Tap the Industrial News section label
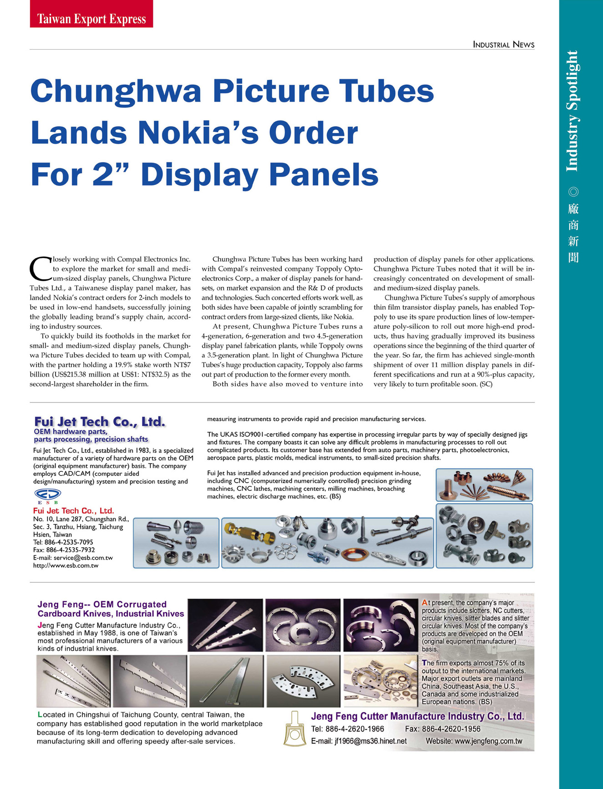pyautogui.click(x=503, y=45)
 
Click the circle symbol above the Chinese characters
pyautogui.click(x=573, y=192)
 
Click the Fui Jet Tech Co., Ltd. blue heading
pyautogui.click(x=100, y=422)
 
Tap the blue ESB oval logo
pyautogui.click(x=47, y=494)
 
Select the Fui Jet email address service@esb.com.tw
pyautogui.click(x=83, y=557)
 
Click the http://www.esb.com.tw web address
pyautogui.click(x=66, y=566)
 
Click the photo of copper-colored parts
pyautogui.click(x=484, y=485)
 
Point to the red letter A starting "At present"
pyautogui.click(x=425, y=602)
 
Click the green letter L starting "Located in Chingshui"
pyautogui.click(x=40, y=715)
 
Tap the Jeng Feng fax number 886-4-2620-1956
pyautogui.click(x=451, y=729)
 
